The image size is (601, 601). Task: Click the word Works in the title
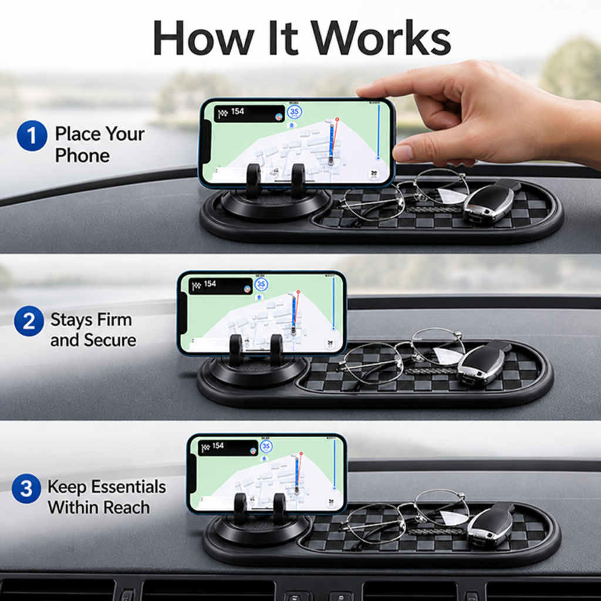click(380, 38)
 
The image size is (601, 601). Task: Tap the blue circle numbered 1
click(32, 136)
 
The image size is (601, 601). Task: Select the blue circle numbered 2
click(29, 321)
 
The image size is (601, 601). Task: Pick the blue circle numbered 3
click(26, 489)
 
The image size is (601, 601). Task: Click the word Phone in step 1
click(82, 156)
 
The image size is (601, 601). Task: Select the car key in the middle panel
click(484, 362)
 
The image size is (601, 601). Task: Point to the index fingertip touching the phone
click(364, 91)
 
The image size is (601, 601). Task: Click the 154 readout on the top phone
click(237, 111)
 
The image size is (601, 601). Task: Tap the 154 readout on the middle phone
click(210, 283)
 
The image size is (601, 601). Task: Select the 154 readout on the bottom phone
click(218, 445)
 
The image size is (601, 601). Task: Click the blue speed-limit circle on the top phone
click(294, 112)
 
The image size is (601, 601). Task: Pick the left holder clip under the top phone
click(254, 181)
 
